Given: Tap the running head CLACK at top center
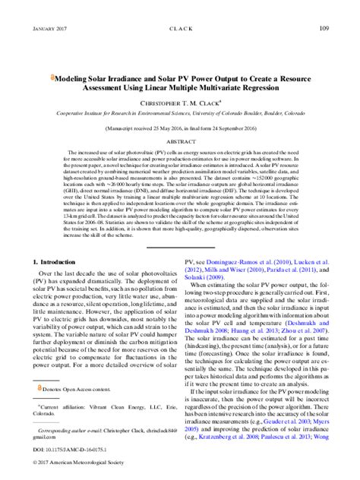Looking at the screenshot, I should coord(181,29).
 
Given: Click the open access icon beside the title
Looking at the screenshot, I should coord(52,78).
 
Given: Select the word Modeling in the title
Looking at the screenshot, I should coord(74,78).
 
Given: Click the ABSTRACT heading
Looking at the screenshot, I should coord(180,142).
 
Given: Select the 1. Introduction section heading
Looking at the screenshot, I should coord(58,262).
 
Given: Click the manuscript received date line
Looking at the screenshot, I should coord(180,131).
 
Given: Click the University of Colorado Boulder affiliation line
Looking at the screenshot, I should coord(180,112).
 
